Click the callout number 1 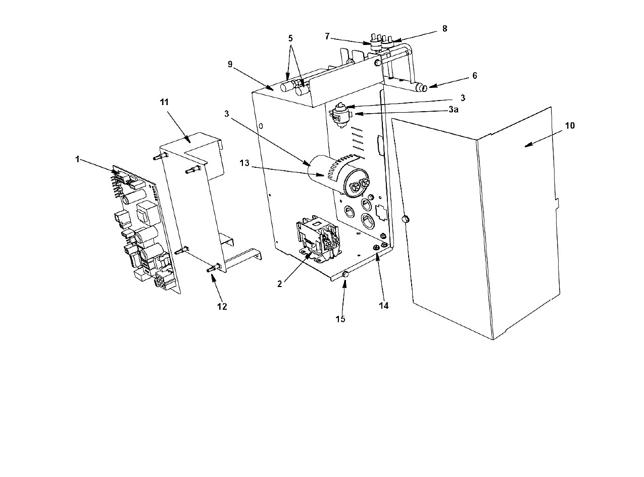click(77, 159)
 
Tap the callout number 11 click(164, 102)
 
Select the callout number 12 click(222, 307)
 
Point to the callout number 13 click(244, 163)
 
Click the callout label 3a click(454, 110)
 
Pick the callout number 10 click(570, 125)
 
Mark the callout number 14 click(384, 305)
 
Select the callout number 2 click(280, 284)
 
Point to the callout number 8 click(445, 28)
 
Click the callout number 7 click(327, 36)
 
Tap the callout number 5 click(290, 38)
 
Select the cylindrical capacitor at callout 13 click(338, 176)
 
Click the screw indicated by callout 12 click(214, 267)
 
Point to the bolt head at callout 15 click(345, 275)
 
